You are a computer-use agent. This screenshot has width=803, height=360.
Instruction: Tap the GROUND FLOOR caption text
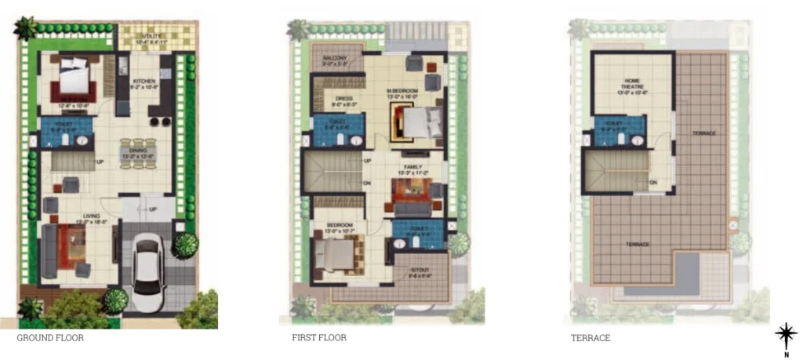pos(50,338)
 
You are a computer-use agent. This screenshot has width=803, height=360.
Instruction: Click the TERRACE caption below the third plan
pos(590,338)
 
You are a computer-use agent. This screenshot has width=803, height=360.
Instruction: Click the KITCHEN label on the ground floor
pos(144,82)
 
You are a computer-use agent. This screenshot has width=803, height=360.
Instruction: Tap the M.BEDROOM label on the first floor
pos(402,92)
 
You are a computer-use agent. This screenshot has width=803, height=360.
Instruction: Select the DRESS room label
pos(344,99)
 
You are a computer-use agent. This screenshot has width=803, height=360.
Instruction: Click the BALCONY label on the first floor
pos(334,58)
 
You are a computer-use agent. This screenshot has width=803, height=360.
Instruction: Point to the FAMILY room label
pos(413,168)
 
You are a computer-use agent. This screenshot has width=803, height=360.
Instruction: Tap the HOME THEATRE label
pos(633,83)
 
